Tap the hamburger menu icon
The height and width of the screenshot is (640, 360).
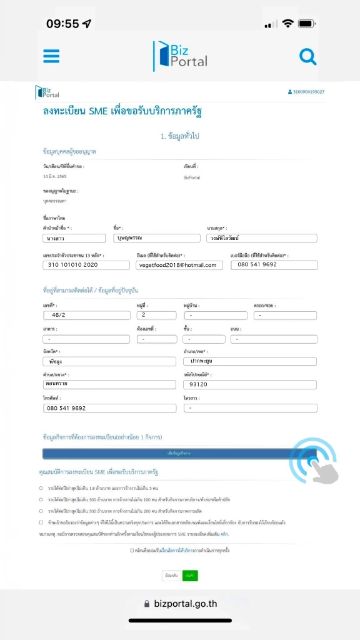coord(51,56)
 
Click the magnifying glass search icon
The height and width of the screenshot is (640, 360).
coord(308,57)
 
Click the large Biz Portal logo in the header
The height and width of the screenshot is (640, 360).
coord(180,56)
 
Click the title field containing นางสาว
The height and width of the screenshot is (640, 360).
coord(74,238)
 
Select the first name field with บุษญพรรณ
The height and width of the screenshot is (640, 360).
coord(157,238)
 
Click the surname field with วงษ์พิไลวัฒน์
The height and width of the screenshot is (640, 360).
coord(261,238)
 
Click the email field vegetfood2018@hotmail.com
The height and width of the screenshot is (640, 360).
coord(179,265)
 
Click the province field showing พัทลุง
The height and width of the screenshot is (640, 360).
coord(109,361)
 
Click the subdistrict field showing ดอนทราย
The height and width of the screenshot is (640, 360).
coord(109,384)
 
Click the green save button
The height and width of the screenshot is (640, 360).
coord(190,575)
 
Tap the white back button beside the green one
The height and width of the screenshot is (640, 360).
coord(170,575)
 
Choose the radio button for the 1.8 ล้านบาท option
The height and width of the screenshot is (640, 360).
coord(41,487)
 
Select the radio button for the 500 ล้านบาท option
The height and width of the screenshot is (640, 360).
coord(41,511)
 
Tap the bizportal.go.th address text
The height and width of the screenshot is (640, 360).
coord(185,604)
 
